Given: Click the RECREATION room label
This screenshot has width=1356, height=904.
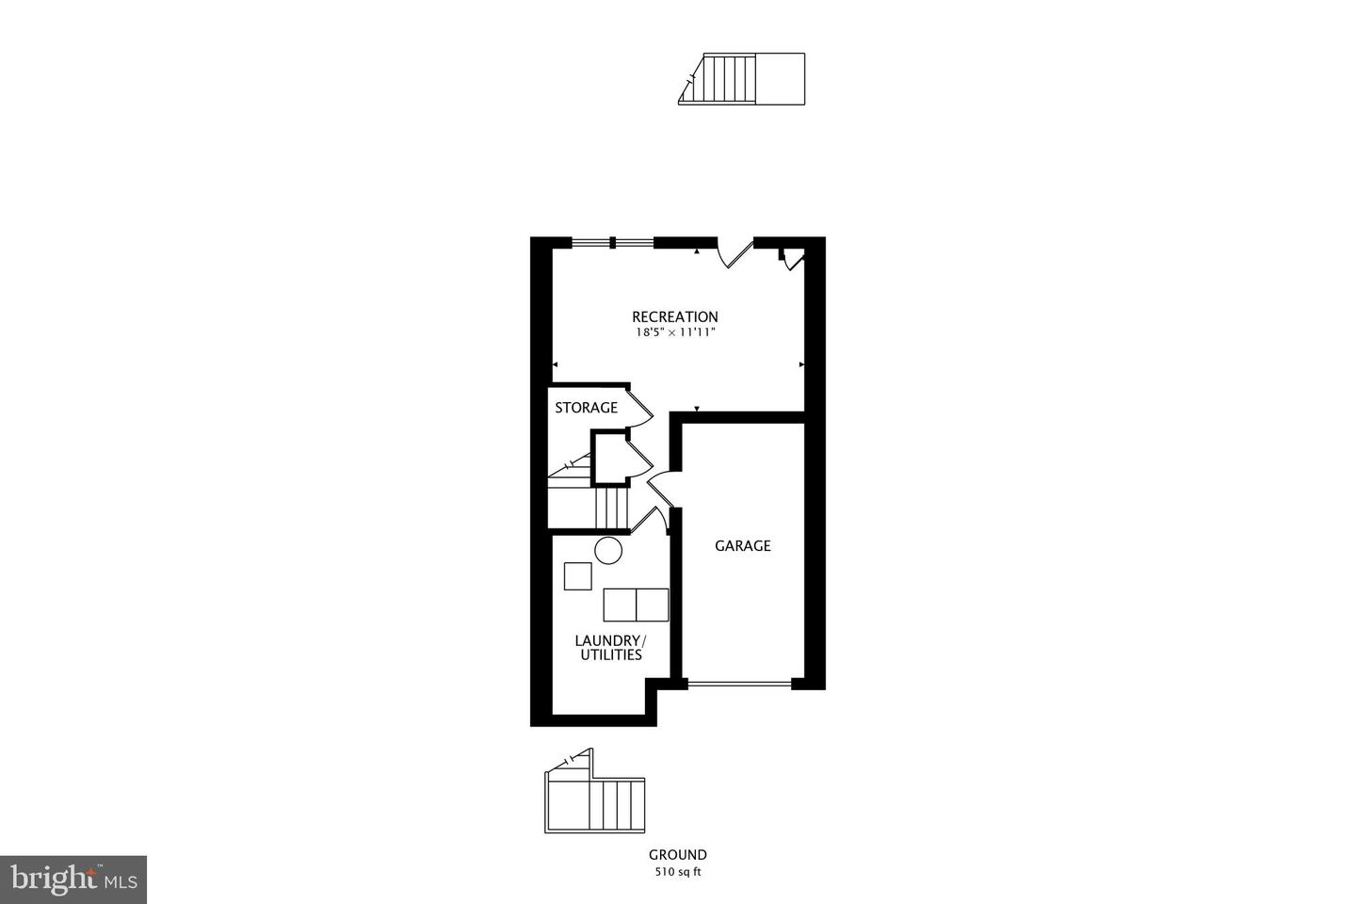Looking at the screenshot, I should [x=674, y=317].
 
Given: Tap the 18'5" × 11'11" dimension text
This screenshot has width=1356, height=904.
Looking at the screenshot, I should [x=674, y=332].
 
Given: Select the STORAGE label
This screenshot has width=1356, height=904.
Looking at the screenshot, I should [x=586, y=408].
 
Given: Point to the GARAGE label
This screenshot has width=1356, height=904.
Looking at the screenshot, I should [x=742, y=545].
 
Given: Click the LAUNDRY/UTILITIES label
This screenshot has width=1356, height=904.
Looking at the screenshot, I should [x=610, y=648].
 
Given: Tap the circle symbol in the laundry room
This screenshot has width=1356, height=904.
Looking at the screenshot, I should [x=608, y=550].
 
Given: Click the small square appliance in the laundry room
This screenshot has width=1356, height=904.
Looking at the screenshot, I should [x=577, y=575].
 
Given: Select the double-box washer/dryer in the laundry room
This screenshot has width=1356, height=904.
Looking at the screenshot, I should [x=636, y=605].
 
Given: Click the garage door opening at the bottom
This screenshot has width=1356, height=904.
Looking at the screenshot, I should [x=739, y=684].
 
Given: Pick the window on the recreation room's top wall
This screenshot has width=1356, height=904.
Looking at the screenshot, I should [x=612, y=243].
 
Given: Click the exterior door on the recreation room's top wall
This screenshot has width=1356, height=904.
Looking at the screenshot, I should [x=735, y=252].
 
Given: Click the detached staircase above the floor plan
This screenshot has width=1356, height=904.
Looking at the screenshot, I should [x=741, y=78].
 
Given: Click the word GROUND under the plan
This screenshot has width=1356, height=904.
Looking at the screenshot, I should [x=677, y=855].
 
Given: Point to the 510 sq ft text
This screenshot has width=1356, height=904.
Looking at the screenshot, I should [x=678, y=872].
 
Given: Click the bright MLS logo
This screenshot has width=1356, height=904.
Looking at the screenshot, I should [x=73, y=880].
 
